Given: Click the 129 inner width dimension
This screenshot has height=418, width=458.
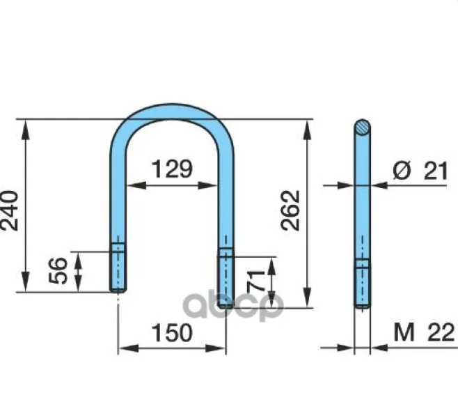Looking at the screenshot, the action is (173, 169).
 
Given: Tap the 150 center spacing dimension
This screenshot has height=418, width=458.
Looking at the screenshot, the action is (173, 332).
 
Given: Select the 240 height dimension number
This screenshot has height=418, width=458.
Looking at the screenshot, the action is (9, 210).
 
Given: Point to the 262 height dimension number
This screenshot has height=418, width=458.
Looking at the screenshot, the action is (290, 210).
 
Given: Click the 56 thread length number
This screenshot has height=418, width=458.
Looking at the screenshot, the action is (58, 270).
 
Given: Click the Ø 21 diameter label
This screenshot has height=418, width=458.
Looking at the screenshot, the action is (420, 171).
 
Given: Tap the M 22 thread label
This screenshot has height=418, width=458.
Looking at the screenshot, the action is (424, 332).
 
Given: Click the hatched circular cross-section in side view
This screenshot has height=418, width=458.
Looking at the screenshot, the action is (363, 127).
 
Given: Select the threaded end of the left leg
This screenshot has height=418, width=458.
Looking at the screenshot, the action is (118, 268).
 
